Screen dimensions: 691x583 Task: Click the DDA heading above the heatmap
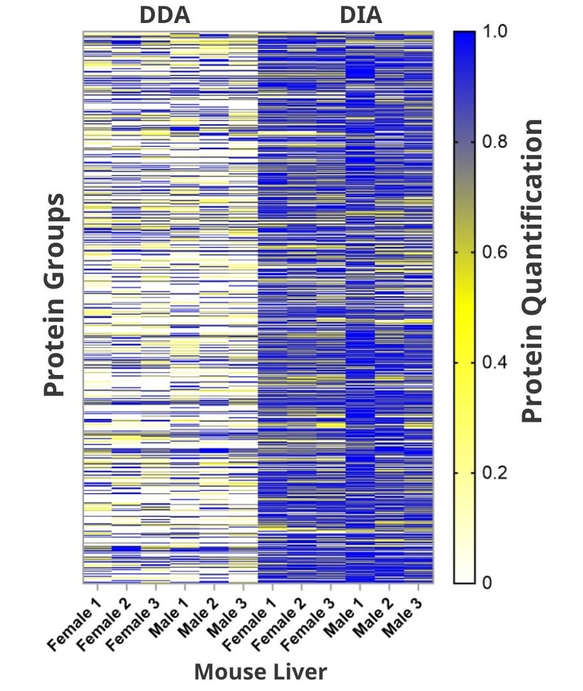(165, 15)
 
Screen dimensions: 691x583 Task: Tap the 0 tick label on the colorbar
(487, 584)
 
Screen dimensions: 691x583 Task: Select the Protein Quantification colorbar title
(532, 271)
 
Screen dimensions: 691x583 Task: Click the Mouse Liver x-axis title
(260, 672)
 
